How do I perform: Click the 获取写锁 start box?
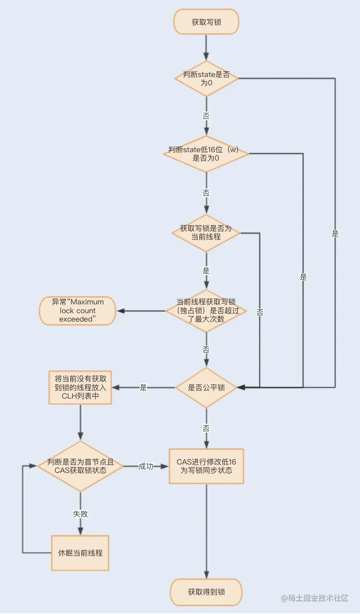pos(206,22)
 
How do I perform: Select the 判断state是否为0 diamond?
pos(206,78)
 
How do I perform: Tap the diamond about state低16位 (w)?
pos(206,154)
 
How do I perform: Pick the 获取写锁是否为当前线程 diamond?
pos(206,233)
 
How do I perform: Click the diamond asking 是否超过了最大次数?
pos(206,311)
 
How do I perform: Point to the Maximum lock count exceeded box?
pos(77,311)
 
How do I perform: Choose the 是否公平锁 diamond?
pos(206,388)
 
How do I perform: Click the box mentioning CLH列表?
pos(80,388)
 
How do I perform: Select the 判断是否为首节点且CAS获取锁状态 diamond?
pos(80,466)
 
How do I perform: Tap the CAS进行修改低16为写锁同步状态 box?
pos(206,466)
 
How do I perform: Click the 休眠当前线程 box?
pos(80,553)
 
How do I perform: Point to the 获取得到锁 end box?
pos(206,592)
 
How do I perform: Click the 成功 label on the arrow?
pos(146,466)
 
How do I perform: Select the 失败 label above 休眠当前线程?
pos(80,514)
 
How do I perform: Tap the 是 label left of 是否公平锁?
pos(143,388)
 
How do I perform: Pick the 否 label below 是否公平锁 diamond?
pos(206,428)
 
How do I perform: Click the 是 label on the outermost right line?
pos(335,234)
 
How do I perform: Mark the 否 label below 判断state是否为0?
pos(206,116)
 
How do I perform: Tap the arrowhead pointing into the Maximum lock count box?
pos(121,311)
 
